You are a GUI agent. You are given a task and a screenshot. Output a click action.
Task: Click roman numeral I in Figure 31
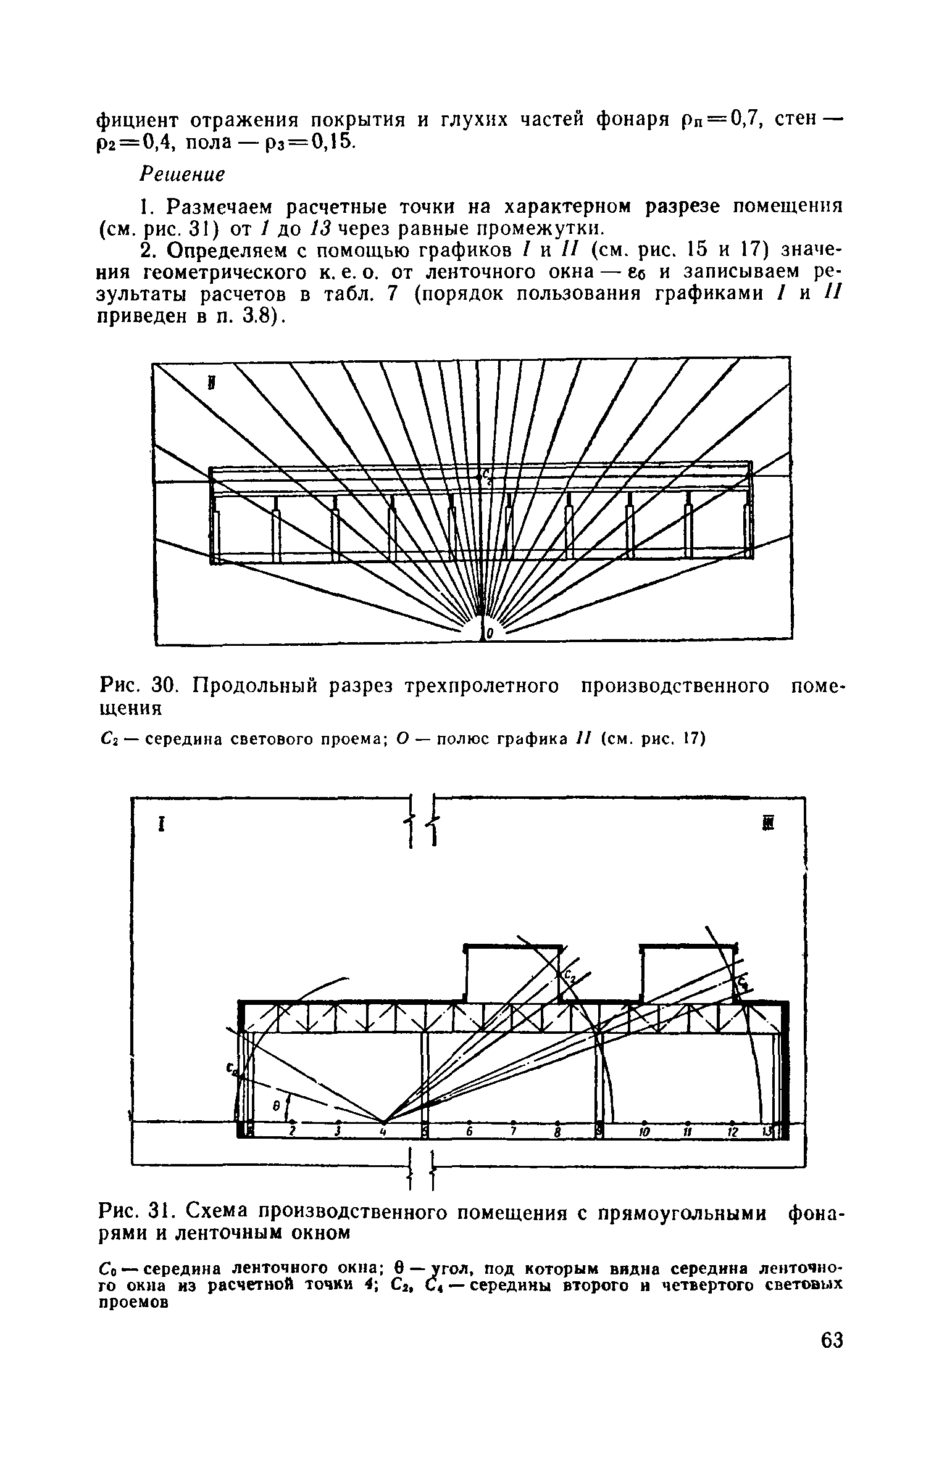161,825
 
